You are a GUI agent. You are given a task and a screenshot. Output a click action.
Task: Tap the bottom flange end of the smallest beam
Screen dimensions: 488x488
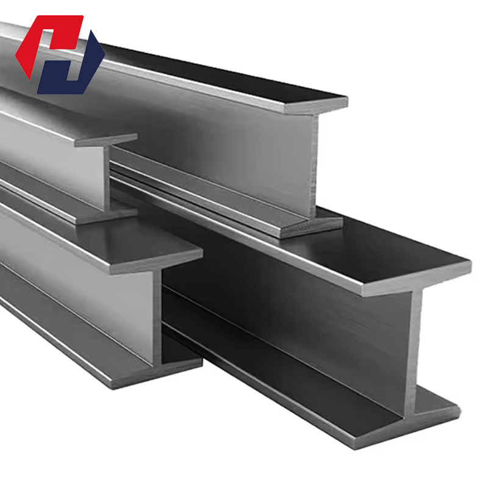click(107, 213)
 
